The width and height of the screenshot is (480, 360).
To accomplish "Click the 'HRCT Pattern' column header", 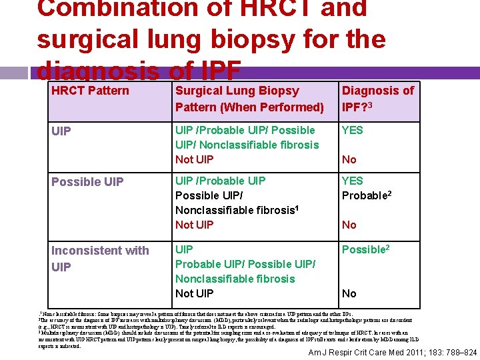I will pos(90,91).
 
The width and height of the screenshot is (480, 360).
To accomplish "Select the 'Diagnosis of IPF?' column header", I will pos(377,99).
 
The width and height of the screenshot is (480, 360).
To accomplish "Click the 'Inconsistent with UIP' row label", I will pos(100,259).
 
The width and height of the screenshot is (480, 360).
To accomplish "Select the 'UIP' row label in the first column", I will pos(61,131).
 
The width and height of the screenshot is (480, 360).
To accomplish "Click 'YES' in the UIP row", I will pos(353,130).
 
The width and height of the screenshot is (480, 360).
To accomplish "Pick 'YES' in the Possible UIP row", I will pos(353,181).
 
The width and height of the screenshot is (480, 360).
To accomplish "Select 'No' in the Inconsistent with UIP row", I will pos(349,293).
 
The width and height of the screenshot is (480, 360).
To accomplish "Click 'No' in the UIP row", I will pos(349,159).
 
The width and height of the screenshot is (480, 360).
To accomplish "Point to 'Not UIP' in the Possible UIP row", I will pos(194,225).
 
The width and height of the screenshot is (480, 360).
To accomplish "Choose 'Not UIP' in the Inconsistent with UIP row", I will pos(194,293).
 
